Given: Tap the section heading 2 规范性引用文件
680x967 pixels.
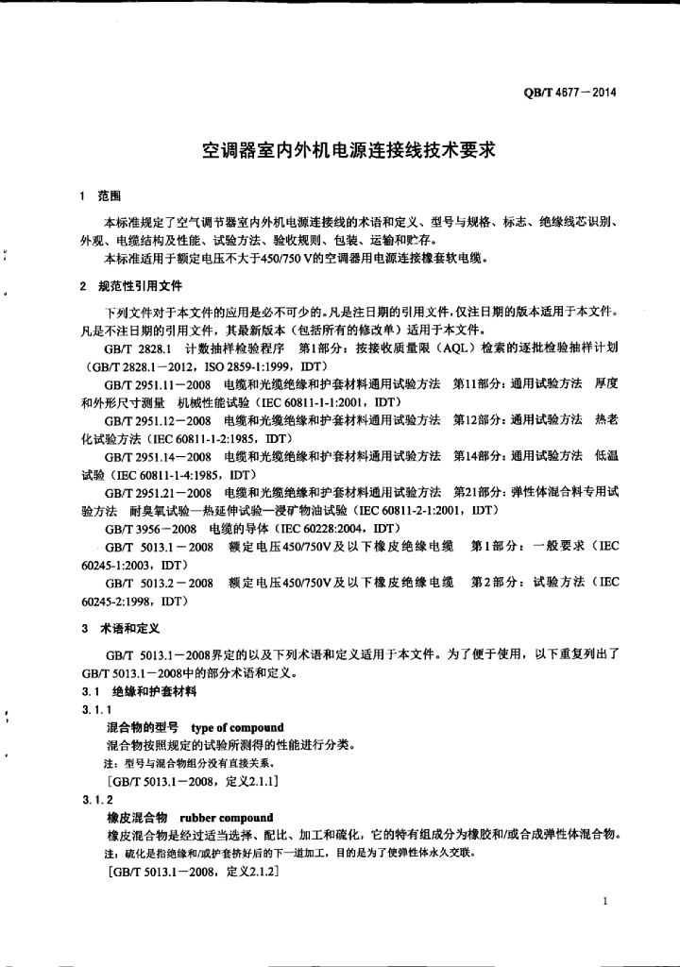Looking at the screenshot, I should tap(131, 285).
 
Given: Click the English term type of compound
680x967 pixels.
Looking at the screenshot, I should tap(236, 727).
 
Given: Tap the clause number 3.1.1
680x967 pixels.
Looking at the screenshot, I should tap(96, 710).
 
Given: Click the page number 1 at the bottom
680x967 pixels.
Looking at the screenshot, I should tap(603, 903).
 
